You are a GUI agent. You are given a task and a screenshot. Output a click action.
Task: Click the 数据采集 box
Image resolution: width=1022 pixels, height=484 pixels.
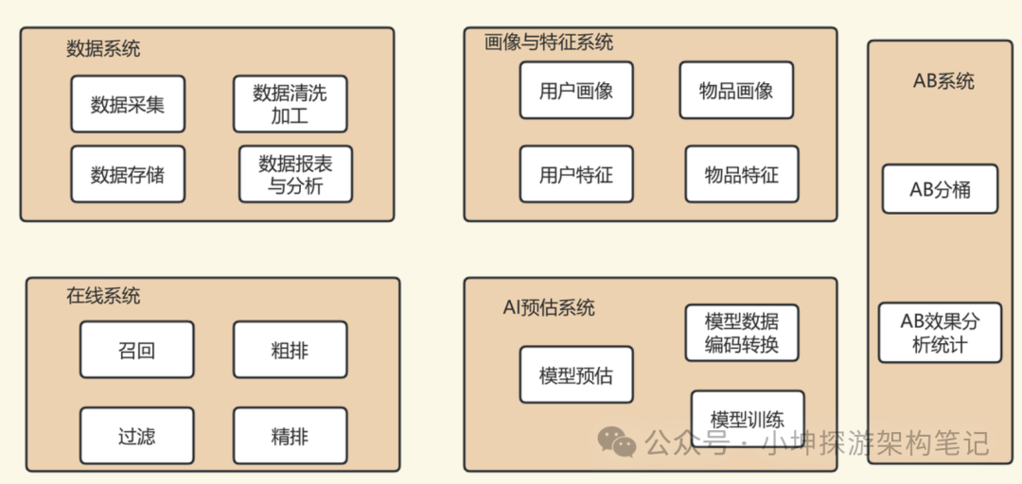tap(128, 104)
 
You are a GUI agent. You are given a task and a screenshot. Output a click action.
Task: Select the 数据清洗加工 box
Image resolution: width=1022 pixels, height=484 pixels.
tap(290, 104)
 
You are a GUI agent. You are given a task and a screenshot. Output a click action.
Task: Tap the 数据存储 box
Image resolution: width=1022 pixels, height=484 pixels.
tap(128, 174)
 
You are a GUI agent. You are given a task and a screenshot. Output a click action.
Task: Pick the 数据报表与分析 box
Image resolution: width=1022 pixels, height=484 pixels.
tap(295, 174)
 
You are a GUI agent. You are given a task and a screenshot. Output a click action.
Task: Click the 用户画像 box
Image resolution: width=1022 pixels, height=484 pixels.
tap(576, 90)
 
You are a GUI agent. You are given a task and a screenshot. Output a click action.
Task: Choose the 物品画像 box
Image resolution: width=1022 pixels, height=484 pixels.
tap(736, 90)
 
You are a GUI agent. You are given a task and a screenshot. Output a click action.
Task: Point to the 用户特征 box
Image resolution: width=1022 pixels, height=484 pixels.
tap(576, 174)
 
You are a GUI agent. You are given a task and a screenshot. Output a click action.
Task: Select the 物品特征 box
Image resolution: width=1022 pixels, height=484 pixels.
tap(741, 174)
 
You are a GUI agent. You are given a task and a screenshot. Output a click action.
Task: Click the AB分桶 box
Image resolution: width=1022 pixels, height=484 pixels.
tap(940, 189)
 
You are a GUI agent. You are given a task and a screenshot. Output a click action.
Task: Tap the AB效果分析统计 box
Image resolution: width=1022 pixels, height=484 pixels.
tap(940, 332)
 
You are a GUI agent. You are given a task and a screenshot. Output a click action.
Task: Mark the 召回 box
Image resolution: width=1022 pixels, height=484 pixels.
tap(136, 351)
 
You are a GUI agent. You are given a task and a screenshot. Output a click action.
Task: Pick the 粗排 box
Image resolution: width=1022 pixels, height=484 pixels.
tap(290, 351)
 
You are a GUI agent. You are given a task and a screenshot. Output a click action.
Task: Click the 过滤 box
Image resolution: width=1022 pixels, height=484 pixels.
tap(136, 436)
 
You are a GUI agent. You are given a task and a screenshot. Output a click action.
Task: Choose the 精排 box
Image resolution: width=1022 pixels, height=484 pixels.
tap(290, 436)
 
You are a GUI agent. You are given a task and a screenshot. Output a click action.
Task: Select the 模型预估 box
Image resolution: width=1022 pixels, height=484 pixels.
tap(576, 375)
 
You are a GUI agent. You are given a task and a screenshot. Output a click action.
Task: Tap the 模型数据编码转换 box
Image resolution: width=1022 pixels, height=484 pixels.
tap(741, 332)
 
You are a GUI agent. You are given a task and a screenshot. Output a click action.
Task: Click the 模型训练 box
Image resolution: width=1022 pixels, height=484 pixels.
tap(747, 420)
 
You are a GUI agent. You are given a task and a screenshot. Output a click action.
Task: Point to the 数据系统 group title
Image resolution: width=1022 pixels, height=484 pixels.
tap(103, 48)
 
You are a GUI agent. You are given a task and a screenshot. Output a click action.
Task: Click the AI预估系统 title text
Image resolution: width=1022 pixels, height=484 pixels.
tap(549, 306)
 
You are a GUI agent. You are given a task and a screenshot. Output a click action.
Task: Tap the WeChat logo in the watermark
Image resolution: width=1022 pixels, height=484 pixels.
tap(616, 441)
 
